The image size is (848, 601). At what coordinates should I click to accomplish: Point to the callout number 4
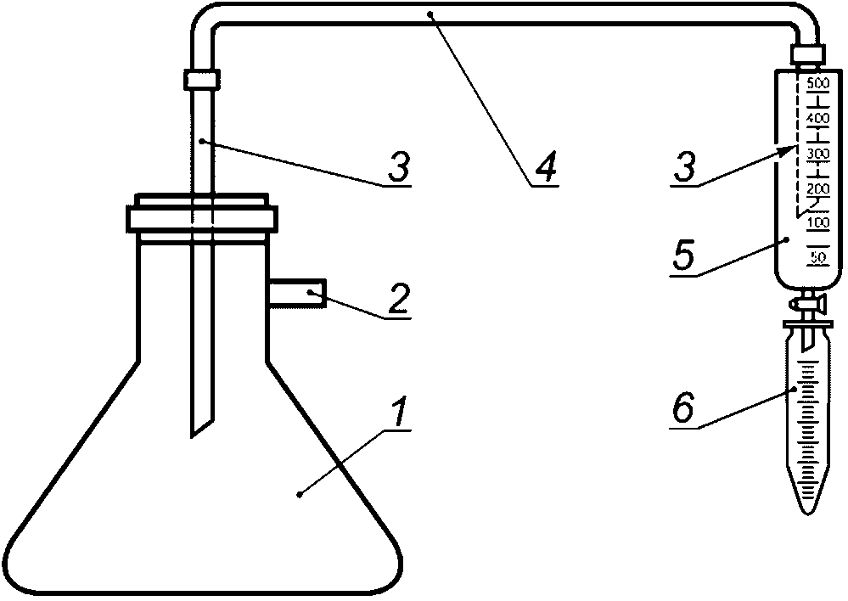547,166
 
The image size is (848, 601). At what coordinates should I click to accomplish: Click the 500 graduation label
817,83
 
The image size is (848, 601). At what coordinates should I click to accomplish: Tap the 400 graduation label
817,117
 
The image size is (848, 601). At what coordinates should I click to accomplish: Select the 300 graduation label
817,153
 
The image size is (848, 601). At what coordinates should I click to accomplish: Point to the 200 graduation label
817,188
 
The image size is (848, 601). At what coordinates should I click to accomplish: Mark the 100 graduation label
817,222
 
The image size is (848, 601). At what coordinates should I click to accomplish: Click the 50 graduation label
820,256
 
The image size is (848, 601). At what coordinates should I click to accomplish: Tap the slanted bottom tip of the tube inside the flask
200,424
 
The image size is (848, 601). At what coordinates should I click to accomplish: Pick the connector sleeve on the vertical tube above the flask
202,80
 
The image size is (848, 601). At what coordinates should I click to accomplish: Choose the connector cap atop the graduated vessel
806,56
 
